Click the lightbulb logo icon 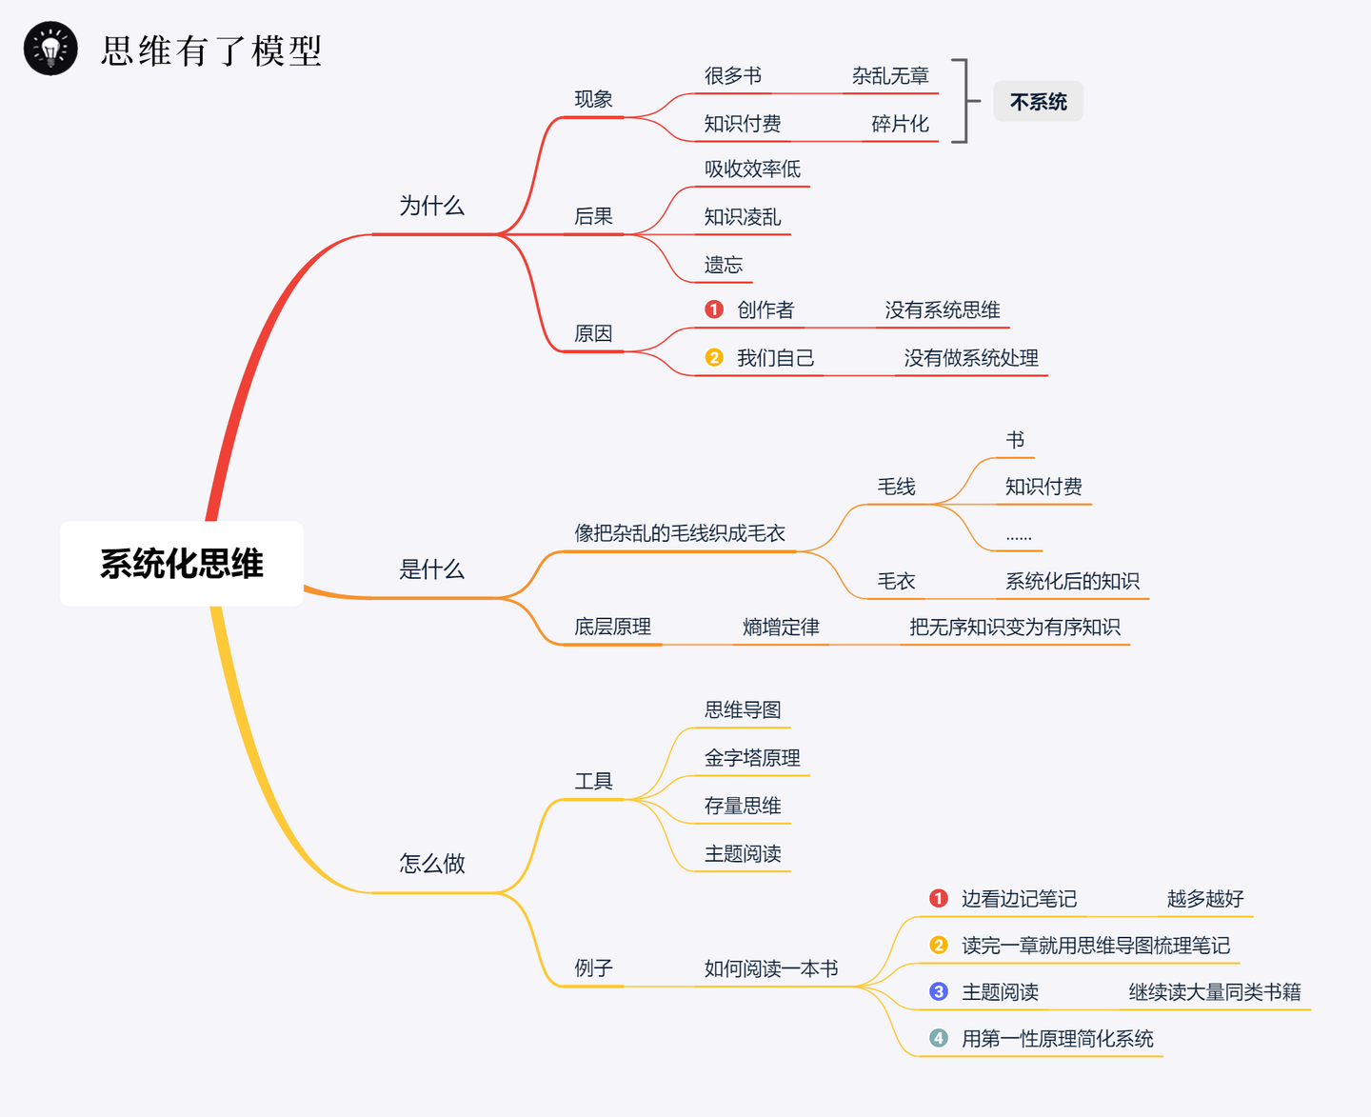pos(50,49)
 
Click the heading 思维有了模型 pos(211,50)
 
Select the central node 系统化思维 pos(182,564)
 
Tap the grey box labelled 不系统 pos(1038,101)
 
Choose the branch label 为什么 pos(432,206)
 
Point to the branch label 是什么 pos(432,569)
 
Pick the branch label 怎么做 pos(432,864)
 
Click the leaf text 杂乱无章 pos(890,76)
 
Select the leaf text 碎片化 pos(900,124)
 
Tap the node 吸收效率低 pos(752,169)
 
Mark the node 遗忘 pos(724,265)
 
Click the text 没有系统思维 pos(943,309)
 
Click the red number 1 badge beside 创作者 pos(714,309)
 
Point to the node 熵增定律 pos(781,628)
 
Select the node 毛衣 pos(896,582)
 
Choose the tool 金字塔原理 pos(752,758)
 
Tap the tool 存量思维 pos(743,806)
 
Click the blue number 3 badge pos(939,991)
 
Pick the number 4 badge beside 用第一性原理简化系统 pos(939,1039)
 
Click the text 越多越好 pos(1205,899)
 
